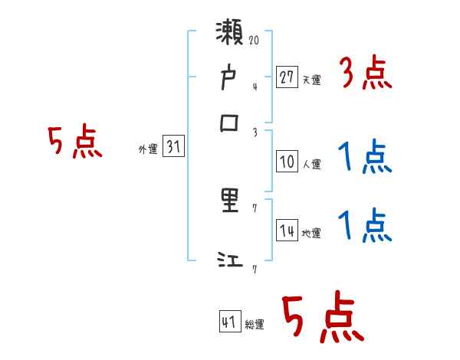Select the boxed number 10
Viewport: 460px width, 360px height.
click(287, 162)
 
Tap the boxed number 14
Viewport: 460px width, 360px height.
click(287, 230)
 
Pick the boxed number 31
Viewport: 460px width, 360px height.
click(173, 147)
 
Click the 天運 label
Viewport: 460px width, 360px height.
click(311, 80)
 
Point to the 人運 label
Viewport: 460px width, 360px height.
click(311, 164)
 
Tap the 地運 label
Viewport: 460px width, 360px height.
click(311, 233)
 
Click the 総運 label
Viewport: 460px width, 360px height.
click(255, 325)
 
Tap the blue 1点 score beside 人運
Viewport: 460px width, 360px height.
click(365, 159)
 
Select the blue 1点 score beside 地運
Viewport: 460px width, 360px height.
click(365, 226)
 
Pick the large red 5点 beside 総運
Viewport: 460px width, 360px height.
click(322, 319)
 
